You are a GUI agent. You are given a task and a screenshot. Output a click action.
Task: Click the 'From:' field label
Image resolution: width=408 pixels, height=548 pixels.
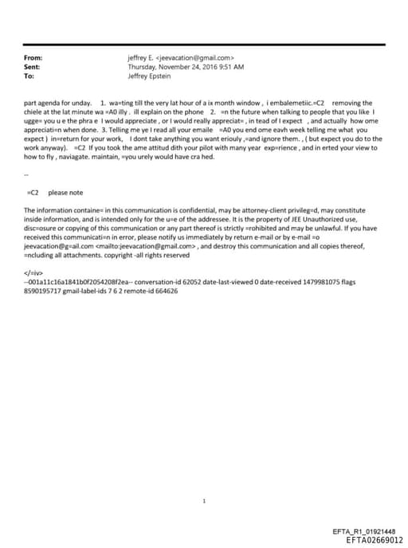pos(33,57)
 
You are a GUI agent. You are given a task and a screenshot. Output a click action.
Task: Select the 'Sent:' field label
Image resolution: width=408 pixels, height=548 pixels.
pos(33,67)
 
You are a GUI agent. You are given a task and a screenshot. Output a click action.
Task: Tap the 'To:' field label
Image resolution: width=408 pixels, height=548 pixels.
pos(29,76)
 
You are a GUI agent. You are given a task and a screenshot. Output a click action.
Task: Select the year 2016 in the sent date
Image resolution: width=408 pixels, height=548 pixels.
pos(205,67)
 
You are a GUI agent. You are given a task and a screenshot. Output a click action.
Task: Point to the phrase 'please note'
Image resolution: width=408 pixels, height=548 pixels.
pos(65,192)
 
